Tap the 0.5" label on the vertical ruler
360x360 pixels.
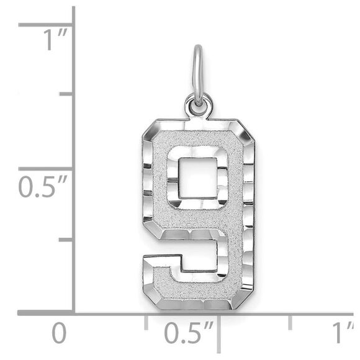(42, 186)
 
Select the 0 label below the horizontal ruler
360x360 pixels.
(58, 334)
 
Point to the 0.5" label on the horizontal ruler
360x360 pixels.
(189, 334)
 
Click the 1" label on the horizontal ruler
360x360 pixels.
(342, 334)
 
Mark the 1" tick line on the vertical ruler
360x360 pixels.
(47, 25)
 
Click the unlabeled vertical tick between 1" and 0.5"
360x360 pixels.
(66, 94)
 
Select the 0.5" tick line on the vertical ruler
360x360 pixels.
(47, 168)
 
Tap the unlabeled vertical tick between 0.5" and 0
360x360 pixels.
(66, 239)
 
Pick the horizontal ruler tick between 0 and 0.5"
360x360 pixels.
(146, 321)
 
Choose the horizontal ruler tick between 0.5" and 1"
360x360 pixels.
(290, 321)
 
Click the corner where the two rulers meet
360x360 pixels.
(74, 312)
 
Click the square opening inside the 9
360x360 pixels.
(197, 178)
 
